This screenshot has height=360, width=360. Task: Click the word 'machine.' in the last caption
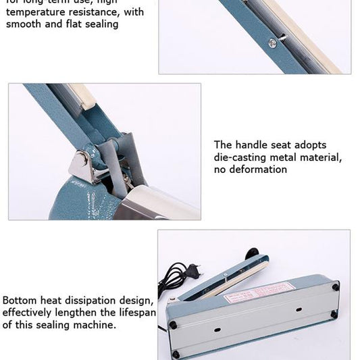(95, 324)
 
